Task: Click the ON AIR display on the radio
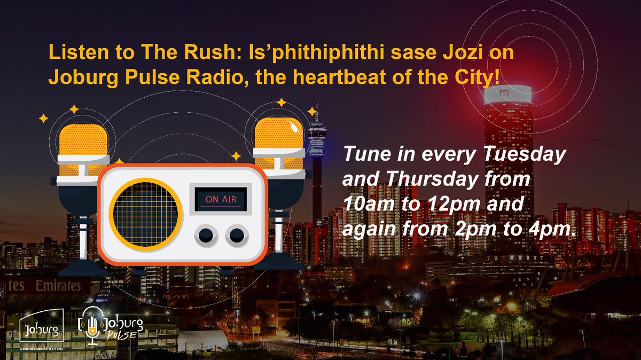point(221,201)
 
